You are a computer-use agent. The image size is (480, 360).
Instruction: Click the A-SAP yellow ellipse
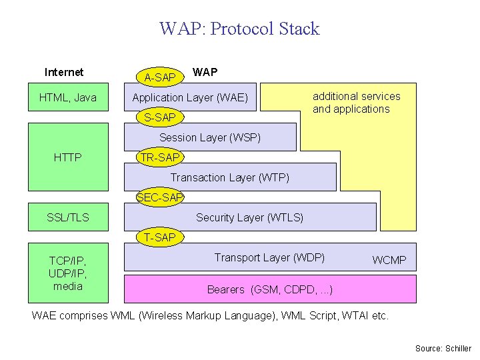160,77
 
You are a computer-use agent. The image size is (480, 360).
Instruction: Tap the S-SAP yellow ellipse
160,117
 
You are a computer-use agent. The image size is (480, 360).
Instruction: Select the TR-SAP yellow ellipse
160,157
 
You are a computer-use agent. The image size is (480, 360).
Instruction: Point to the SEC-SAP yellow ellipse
160,197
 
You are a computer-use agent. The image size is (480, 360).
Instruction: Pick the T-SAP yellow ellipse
160,237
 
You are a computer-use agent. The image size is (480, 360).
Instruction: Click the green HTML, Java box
68,97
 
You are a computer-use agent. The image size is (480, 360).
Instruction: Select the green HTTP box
68,157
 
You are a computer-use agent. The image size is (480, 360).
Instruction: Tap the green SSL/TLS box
68,217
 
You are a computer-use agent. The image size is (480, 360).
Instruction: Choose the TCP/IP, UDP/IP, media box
68,273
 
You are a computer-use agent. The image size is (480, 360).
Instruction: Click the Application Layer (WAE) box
190,97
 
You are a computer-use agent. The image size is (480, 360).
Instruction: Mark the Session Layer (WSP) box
210,137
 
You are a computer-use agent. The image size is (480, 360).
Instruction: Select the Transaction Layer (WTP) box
230,177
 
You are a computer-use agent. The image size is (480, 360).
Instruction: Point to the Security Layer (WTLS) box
250,217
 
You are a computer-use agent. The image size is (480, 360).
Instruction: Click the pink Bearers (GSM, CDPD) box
270,289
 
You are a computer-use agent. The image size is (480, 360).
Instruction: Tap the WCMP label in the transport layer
389,260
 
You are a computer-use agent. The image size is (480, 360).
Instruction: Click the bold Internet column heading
64,72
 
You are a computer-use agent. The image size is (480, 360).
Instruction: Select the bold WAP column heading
205,72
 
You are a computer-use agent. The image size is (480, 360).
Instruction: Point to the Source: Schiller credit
443,349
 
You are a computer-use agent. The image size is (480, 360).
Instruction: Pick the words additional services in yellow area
357,97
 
